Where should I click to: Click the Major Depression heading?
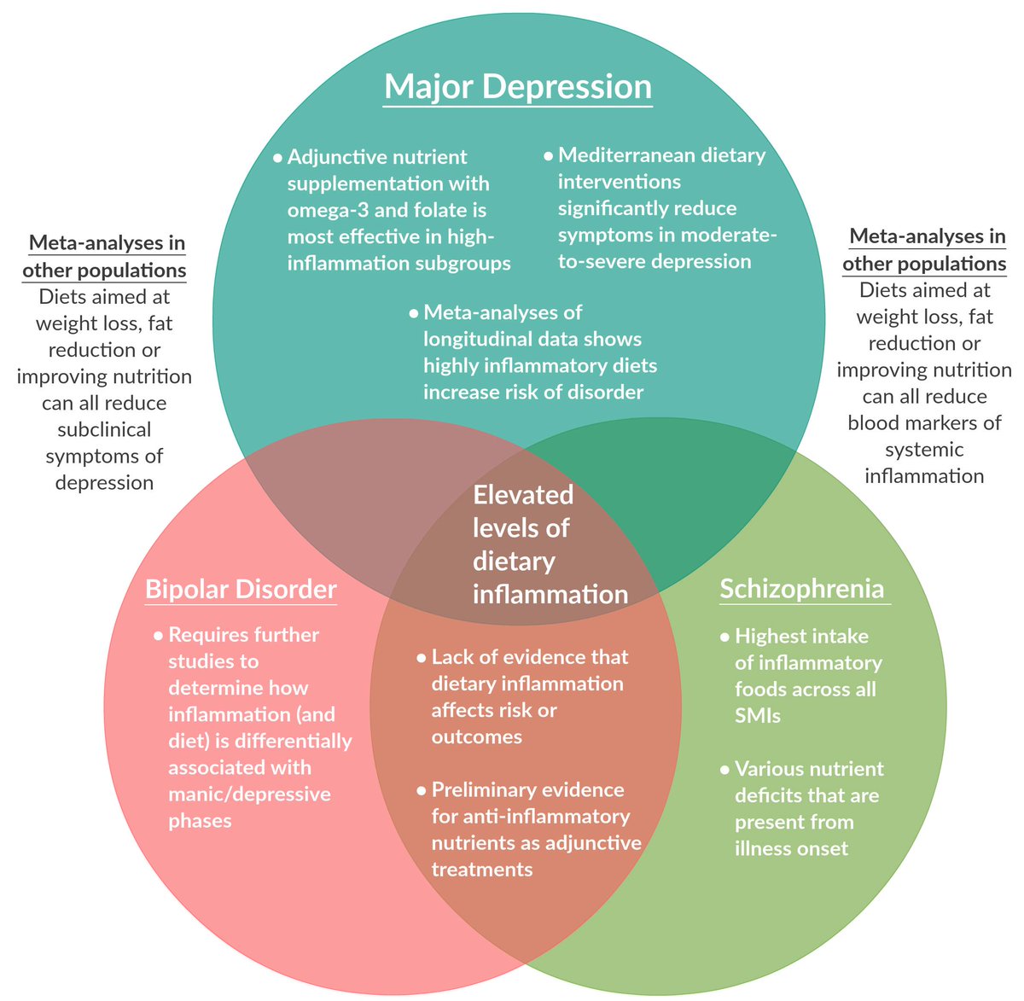518,87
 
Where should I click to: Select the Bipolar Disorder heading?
241,590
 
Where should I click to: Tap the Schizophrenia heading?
801,589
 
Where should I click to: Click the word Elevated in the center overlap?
523,495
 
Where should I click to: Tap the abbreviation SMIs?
758,715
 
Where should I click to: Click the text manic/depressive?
249,794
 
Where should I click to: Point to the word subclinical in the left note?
104,429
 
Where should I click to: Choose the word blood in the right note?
874,423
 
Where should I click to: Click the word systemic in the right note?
924,450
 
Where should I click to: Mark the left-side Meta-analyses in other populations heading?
106,257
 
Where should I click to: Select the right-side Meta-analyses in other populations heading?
925,250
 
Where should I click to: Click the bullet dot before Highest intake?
724,637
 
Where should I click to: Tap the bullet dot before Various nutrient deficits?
724,770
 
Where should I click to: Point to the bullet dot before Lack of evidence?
421,658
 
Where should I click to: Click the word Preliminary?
485,789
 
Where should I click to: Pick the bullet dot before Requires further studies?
158,636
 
